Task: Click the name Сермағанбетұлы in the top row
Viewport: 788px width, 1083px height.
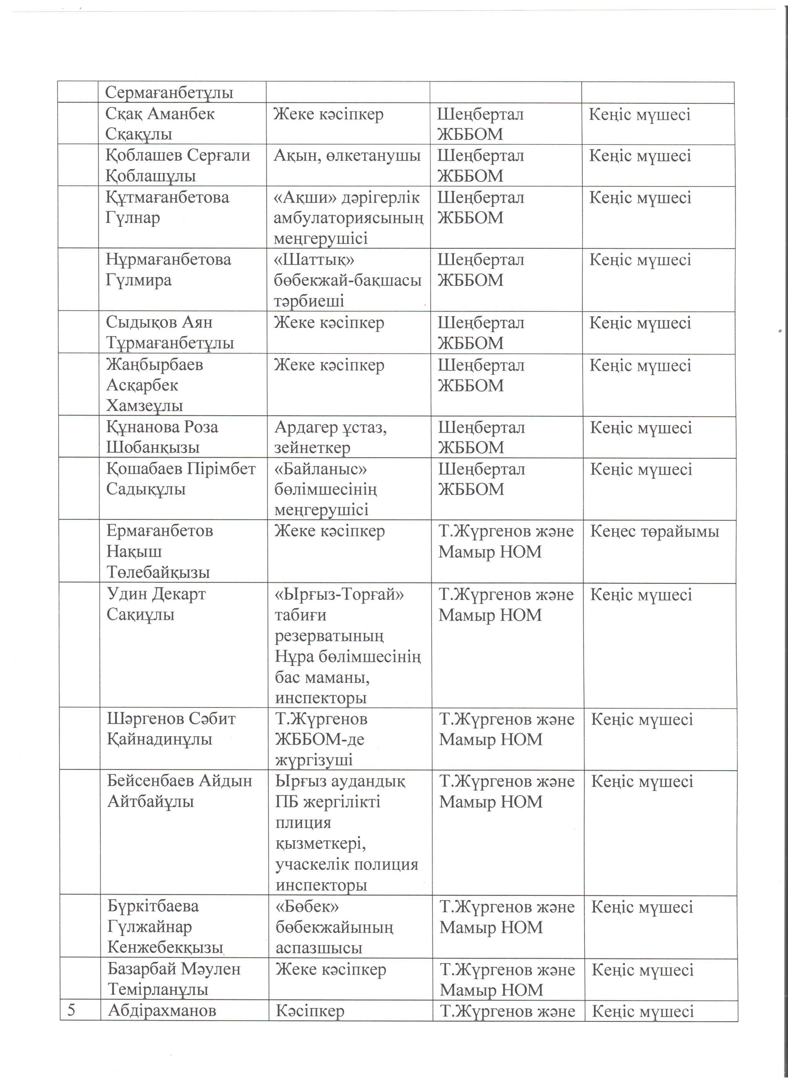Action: tap(169, 92)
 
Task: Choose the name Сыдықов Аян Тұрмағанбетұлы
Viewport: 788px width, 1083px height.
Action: tap(170, 332)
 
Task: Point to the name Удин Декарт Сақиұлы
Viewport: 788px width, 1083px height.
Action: tap(156, 604)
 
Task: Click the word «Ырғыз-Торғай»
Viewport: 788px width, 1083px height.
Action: tap(340, 595)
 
